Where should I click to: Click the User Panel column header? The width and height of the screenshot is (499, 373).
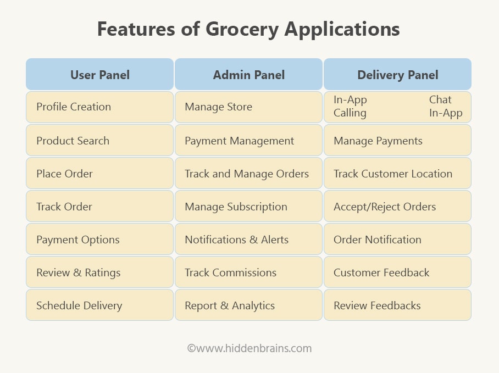[x=99, y=74]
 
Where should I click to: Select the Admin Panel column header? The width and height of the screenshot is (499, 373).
[x=248, y=74]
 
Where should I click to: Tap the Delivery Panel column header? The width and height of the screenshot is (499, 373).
[x=397, y=74]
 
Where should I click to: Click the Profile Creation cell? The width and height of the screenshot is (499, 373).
[x=99, y=107]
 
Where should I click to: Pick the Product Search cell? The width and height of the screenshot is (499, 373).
[x=99, y=140]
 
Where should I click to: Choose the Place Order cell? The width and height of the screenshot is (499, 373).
[x=99, y=173]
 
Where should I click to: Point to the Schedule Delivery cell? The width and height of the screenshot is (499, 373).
[x=99, y=305]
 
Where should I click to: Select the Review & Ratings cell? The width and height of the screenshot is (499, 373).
[x=99, y=272]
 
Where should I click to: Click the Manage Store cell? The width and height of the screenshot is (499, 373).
[x=248, y=107]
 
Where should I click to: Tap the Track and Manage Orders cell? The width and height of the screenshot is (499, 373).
[x=248, y=173]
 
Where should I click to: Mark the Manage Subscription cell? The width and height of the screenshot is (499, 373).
[x=248, y=207]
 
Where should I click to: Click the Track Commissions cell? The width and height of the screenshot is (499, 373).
[x=248, y=272]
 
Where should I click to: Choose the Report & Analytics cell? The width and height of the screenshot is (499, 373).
[x=248, y=305]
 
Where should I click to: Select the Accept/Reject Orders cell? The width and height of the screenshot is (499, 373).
[x=397, y=207]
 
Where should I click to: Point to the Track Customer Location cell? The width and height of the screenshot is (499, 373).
[x=397, y=173]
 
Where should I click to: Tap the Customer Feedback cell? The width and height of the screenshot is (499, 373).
[x=397, y=272]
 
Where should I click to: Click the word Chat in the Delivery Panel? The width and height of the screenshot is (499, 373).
[x=440, y=99]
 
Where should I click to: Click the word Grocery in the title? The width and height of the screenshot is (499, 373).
[x=242, y=30]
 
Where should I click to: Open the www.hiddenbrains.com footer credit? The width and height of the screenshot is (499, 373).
[x=249, y=348]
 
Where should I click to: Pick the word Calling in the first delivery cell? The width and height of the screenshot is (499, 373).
[x=350, y=113]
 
